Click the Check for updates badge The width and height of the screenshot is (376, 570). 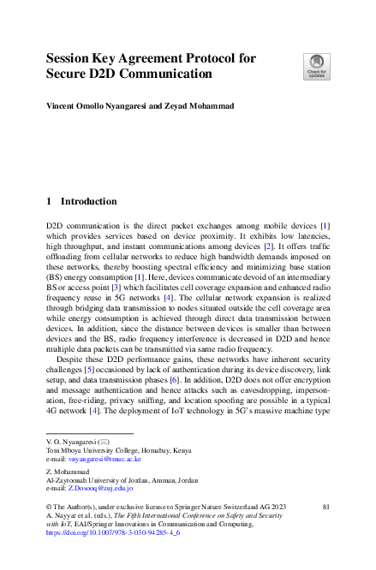coord(316,66)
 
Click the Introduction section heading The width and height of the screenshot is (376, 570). coord(88,202)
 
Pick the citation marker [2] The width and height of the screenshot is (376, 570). coord(268,246)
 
